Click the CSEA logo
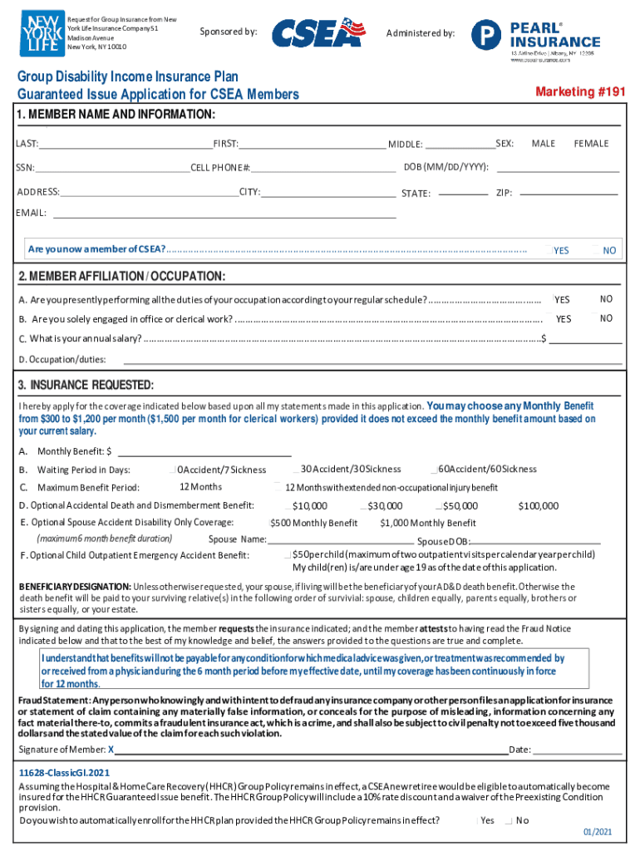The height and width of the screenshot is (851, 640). [318, 34]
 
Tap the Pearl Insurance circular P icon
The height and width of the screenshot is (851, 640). [485, 35]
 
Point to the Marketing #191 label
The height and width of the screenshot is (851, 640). [579, 91]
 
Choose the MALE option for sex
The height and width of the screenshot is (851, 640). [543, 144]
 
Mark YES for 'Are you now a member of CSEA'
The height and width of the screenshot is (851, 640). [551, 250]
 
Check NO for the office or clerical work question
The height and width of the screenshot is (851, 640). [595, 318]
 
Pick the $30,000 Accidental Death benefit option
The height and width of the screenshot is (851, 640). [365, 506]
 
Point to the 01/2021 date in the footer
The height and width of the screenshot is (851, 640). [597, 832]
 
